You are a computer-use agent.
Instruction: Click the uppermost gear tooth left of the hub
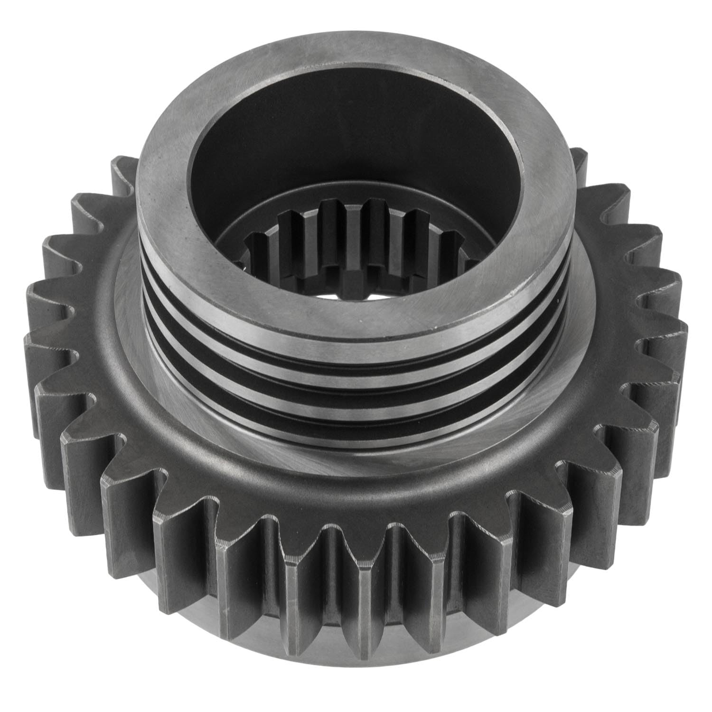[x=121, y=176]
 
